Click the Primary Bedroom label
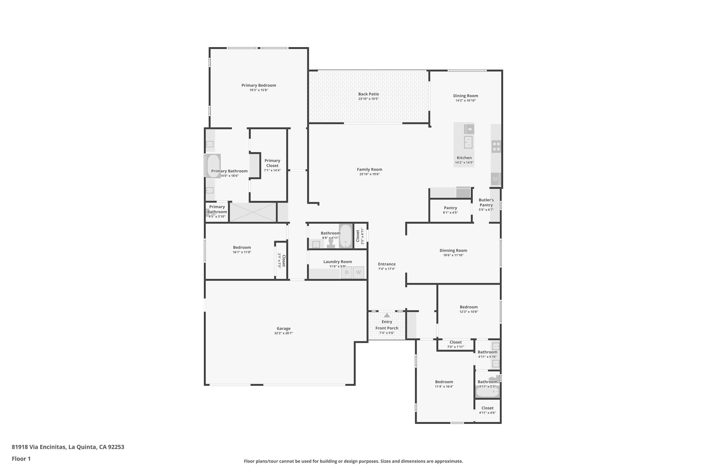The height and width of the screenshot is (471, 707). pos(259,85)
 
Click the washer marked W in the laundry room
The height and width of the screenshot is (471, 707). pos(358,272)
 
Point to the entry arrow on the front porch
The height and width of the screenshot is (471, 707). pos(387,315)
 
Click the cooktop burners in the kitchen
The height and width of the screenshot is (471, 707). pos(496,146)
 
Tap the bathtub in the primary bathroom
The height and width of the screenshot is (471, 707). pos(214,166)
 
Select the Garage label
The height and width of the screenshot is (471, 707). pos(284,328)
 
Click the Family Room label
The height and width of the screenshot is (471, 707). pos(370,169)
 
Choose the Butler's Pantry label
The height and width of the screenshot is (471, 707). pos(486,203)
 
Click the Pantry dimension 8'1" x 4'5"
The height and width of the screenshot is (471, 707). pos(450,213)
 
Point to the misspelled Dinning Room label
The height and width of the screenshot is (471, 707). pos(453,251)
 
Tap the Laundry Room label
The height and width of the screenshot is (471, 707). pos(337,262)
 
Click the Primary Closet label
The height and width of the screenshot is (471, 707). pos(272,163)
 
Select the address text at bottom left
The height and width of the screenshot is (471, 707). pos(68,447)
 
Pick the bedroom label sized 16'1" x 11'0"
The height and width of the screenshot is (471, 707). pos(242,248)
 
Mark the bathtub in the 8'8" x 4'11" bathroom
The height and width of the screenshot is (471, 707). pos(346,236)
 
